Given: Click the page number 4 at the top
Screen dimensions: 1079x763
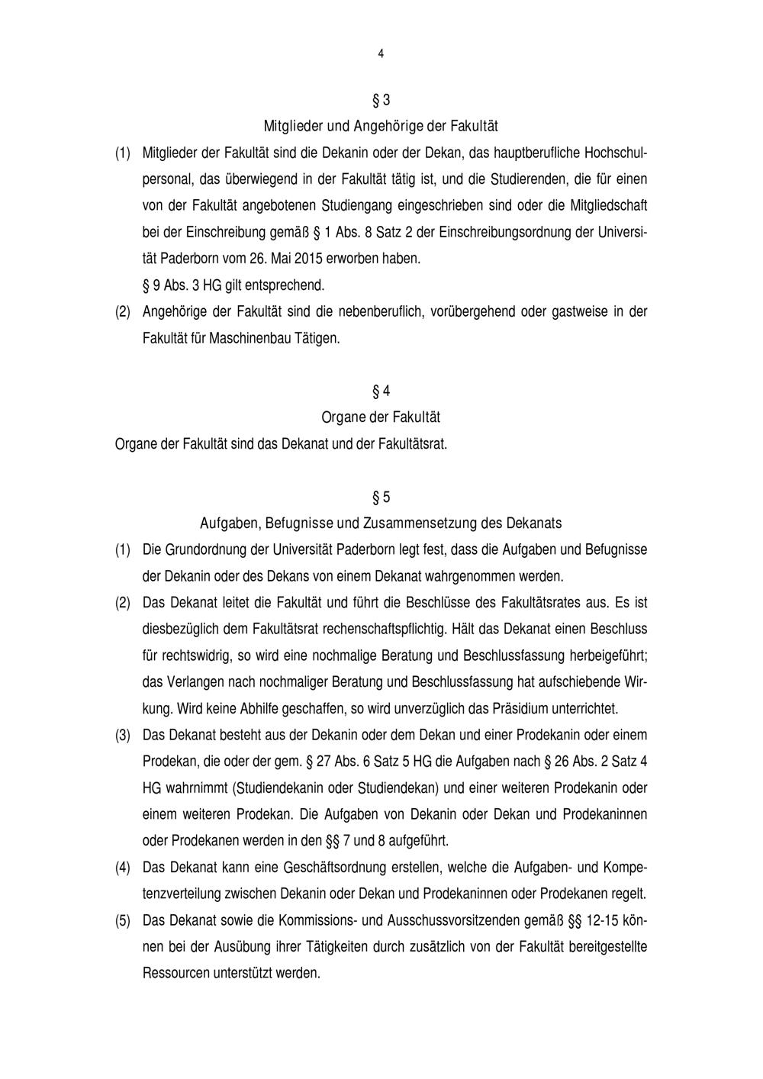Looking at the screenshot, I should (x=381, y=53).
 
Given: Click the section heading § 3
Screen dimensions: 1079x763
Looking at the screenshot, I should (x=381, y=101).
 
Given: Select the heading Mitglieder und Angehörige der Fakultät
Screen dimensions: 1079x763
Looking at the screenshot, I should (x=381, y=124).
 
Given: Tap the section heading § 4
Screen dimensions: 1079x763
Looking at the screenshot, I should (x=381, y=391).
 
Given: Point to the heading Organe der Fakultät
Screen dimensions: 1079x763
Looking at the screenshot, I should (x=381, y=417).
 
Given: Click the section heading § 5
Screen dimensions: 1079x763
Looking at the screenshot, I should (x=381, y=498).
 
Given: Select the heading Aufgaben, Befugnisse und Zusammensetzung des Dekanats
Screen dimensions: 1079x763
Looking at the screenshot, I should (x=381, y=523).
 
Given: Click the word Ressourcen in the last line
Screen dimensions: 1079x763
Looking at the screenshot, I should (x=175, y=974).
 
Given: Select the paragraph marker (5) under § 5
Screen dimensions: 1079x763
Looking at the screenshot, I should (x=123, y=921).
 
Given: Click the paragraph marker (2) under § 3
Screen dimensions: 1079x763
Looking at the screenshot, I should (x=123, y=312).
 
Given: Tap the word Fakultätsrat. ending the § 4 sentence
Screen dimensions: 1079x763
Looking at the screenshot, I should (x=413, y=443).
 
